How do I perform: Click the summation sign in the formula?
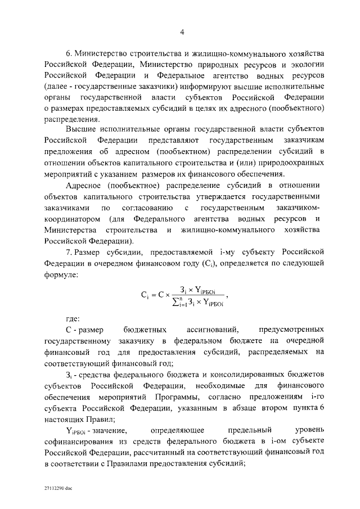click(x=175, y=303)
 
